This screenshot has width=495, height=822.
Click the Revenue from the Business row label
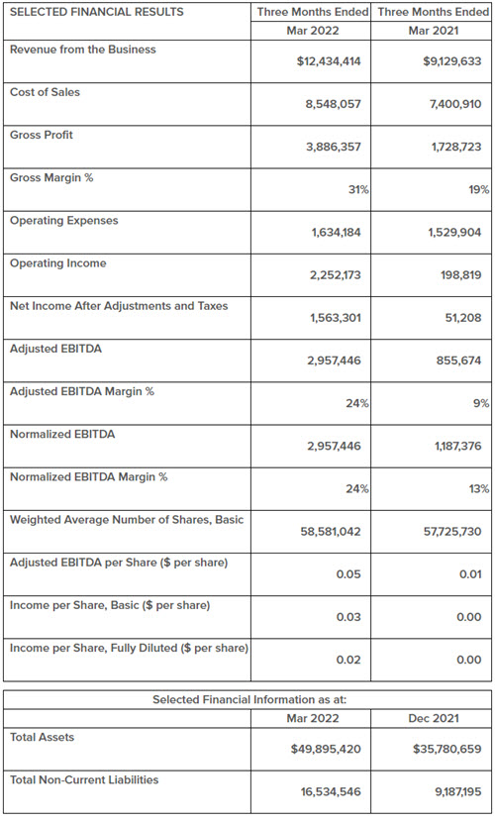pos(83,50)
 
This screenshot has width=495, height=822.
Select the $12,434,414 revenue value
pos(329,61)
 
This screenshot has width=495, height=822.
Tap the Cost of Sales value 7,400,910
pos(455,104)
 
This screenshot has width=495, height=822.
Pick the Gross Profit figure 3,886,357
pos(334,147)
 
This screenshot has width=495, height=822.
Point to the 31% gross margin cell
pos(358,190)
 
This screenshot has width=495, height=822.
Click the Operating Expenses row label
pos(64,221)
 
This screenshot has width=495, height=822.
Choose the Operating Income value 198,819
pos(461,275)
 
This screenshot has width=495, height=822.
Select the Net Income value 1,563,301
pos(336,318)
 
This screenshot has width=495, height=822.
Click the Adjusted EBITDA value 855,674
pos(458,360)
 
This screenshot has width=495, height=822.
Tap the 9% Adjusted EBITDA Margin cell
pos(482,404)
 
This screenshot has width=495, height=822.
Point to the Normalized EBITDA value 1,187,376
pos(457,446)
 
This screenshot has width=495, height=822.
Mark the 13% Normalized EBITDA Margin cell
pos(479,489)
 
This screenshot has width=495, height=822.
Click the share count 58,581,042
pos(331,532)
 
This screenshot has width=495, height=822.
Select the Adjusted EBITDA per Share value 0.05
pos(348,574)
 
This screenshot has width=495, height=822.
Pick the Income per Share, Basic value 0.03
pos(348,617)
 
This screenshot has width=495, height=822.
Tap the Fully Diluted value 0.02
pos(348,660)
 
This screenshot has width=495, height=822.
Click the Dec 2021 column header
pos(434,718)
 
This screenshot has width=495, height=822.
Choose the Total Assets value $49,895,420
pos(327,749)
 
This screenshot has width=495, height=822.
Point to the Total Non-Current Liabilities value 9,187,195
pos(457,792)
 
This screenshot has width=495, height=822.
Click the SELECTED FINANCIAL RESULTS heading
pos(97,12)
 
